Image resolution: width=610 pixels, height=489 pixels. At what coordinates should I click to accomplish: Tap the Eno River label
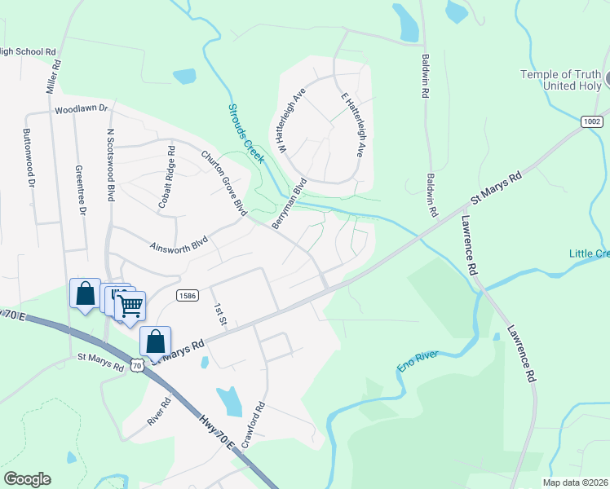418,361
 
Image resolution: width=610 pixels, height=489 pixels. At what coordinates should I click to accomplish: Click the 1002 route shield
593,121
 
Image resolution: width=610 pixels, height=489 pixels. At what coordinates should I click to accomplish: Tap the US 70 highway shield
138,366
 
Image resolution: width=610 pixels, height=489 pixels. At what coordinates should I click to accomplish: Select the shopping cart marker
130,306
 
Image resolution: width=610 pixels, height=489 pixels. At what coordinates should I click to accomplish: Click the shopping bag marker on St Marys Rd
156,341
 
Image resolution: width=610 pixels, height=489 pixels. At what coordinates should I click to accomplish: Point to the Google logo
27,479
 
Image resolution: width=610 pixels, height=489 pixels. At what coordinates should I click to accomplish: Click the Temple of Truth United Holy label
561,81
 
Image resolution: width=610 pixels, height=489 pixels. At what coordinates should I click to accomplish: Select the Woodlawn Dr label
82,108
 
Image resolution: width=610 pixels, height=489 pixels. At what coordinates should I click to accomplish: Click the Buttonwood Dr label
30,158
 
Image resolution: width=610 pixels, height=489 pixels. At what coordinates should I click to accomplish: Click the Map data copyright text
574,482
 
